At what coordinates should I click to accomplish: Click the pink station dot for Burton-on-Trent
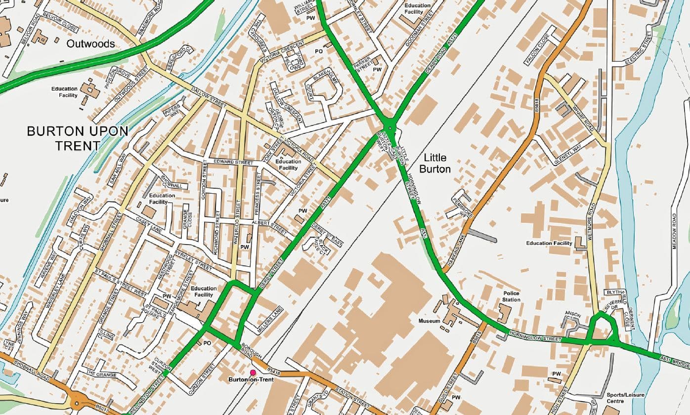click(253, 373)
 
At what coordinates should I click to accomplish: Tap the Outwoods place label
click(90, 44)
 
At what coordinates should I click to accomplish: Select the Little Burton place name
click(435, 163)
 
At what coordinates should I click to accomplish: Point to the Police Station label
click(511, 296)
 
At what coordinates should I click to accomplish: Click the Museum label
click(429, 321)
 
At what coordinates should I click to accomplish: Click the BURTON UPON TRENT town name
click(77, 138)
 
